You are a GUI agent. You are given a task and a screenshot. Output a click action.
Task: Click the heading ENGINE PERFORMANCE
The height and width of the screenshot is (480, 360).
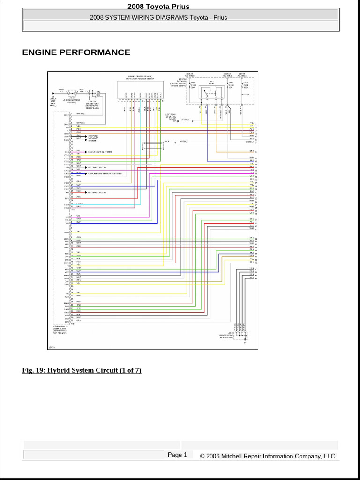pyautogui.click(x=76, y=52)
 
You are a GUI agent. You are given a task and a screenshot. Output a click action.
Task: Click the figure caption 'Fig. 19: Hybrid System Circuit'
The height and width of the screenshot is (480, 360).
pyautogui.click(x=82, y=370)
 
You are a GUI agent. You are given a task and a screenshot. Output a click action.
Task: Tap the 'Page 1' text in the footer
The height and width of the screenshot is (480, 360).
pyautogui.click(x=177, y=455)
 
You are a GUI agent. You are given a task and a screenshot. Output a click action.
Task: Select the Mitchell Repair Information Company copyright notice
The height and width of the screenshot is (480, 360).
pyautogui.click(x=268, y=456)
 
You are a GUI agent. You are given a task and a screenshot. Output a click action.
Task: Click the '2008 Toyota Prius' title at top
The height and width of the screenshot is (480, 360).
pyautogui.click(x=158, y=6)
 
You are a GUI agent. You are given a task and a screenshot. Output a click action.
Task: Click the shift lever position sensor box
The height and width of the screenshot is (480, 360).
pyautogui.click(x=141, y=89)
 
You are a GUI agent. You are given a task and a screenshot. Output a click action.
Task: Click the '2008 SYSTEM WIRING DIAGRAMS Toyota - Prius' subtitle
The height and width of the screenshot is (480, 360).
pyautogui.click(x=158, y=17)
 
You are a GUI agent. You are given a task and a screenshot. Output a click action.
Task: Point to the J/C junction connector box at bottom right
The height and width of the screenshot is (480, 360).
pyautogui.click(x=242, y=335)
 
